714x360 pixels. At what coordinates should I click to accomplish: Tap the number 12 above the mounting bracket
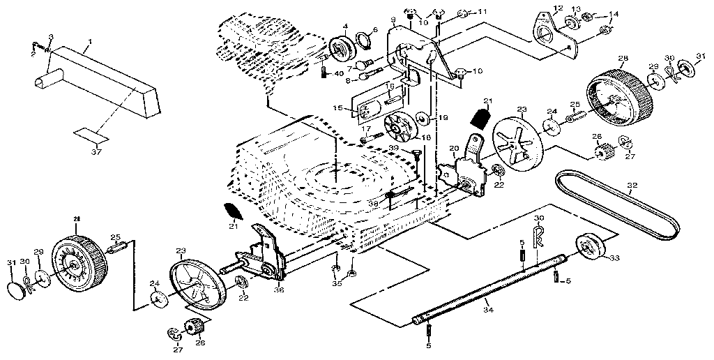pos(557,8)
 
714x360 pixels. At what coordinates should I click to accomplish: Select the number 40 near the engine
pos(338,74)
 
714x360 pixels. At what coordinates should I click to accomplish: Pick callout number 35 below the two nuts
pos(337,284)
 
